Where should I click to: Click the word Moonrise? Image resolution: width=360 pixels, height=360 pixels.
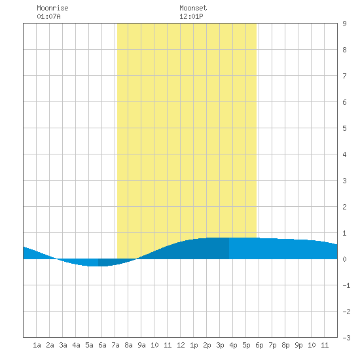coord(52,8)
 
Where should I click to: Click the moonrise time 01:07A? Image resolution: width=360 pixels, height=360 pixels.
coord(48,16)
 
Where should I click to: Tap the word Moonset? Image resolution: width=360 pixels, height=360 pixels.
coord(193,8)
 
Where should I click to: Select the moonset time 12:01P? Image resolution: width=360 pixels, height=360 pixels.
coord(191,16)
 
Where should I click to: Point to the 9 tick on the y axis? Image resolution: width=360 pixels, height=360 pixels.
coord(344,24)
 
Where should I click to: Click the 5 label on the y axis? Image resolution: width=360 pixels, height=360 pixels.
coord(344,128)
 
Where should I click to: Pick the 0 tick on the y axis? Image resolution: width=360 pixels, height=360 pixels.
coord(344,259)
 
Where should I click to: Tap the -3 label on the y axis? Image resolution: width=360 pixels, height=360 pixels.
coord(346,338)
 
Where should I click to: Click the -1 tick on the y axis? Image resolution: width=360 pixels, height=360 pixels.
coord(346,285)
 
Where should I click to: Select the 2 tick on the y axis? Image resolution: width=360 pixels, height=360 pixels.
coord(344,207)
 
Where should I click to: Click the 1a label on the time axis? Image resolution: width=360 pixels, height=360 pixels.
coord(37,345)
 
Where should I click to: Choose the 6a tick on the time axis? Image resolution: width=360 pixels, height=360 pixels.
coord(102,345)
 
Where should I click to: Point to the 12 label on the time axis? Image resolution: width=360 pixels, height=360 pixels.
coord(181,345)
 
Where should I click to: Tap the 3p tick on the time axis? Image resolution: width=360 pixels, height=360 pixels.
coord(220,345)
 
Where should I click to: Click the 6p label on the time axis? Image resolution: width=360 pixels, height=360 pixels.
coord(259,345)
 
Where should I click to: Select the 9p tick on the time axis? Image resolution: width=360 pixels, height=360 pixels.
coord(298,345)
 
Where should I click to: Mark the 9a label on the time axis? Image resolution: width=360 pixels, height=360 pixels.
coord(141,345)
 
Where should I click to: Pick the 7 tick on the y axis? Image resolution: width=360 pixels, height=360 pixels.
coord(344,76)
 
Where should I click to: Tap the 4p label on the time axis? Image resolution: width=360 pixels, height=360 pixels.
coord(233,345)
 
